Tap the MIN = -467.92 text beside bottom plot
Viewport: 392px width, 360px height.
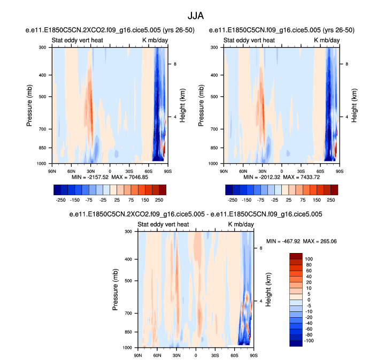click(x=287, y=241)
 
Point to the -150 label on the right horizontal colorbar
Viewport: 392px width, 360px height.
click(x=257, y=199)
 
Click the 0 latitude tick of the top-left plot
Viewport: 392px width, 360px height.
click(x=110, y=171)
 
